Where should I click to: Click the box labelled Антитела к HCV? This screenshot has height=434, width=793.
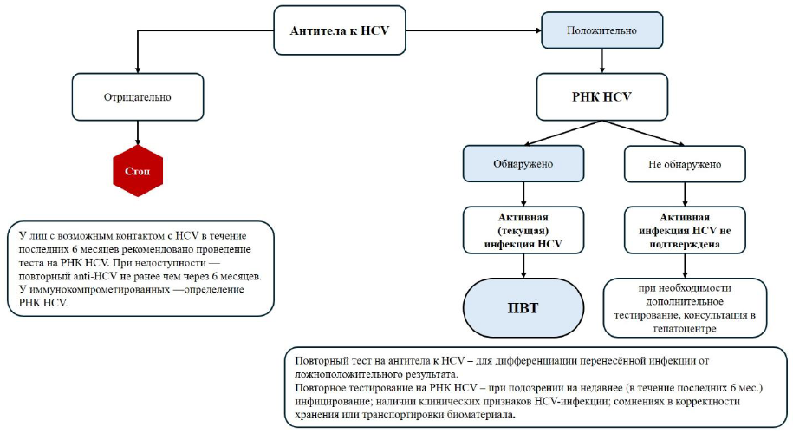pos(340,30)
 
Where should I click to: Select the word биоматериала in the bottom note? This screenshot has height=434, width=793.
pos(476,414)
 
